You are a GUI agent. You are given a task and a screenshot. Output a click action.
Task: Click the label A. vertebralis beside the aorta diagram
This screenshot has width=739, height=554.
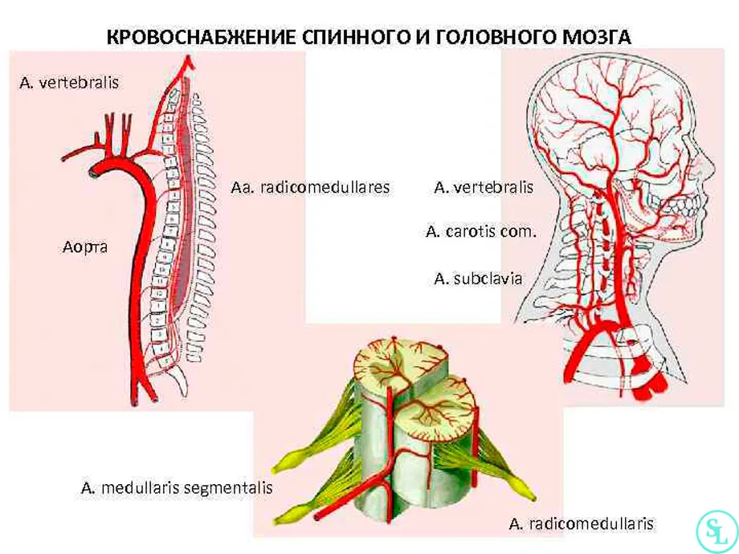pos(69,83)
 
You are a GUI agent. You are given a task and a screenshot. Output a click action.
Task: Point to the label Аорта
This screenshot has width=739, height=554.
pos(85,246)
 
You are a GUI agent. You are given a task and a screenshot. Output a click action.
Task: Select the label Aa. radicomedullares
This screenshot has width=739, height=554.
pos(310,188)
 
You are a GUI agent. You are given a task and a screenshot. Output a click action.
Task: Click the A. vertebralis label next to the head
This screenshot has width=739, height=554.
pos(484,188)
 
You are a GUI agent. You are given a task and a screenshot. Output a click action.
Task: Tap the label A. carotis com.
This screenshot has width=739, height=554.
pos(481,232)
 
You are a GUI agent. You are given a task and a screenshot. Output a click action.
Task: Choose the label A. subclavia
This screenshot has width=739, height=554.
pos(479,279)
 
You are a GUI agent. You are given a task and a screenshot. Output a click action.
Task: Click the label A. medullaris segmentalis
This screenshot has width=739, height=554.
pos(177,487)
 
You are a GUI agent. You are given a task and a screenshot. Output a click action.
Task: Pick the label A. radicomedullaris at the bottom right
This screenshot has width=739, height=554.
pos(582,523)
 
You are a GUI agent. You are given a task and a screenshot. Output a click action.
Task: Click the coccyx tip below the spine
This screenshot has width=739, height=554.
pos(183,392)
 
